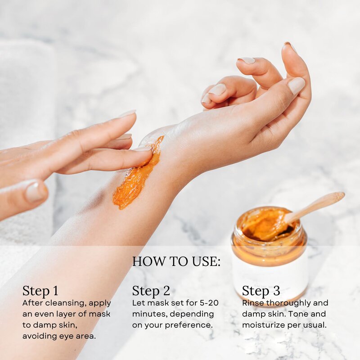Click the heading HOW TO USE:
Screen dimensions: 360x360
(176, 261)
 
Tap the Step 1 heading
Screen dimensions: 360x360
(40, 291)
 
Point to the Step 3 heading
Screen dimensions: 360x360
(261, 291)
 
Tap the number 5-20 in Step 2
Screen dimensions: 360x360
(208, 303)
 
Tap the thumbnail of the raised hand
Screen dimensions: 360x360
(296, 85)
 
